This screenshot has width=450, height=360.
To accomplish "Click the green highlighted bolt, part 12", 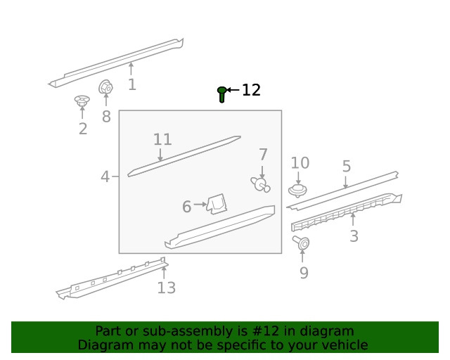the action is tap(221, 94).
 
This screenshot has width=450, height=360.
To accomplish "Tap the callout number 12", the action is tap(252, 90).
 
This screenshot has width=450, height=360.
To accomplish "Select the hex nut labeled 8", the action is tap(105, 86).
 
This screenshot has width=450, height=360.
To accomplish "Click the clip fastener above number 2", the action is tap(82, 101).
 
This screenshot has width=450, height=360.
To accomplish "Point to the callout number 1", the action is tap(132, 84).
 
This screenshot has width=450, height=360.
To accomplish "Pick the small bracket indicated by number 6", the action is tap(217, 204).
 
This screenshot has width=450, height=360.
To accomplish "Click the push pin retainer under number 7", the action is tap(261, 185).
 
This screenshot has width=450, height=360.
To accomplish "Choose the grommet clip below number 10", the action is tap(297, 191).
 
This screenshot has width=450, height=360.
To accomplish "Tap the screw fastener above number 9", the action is tap(301, 243).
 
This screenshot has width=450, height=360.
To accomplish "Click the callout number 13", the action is tap(167, 288).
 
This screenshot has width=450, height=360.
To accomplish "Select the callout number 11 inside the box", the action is tap(162, 139).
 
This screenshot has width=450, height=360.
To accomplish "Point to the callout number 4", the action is tap(105, 176).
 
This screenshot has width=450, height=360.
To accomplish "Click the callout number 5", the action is tap(347, 167).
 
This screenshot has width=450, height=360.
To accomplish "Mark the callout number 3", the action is tap(354, 236).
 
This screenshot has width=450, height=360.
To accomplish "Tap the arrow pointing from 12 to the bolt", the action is tap(233, 90).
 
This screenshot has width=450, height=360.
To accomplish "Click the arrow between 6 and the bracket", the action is tap(200, 205).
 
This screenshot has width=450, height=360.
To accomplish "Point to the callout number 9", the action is tap(304, 273).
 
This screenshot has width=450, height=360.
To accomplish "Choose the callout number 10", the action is tap(300, 163).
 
